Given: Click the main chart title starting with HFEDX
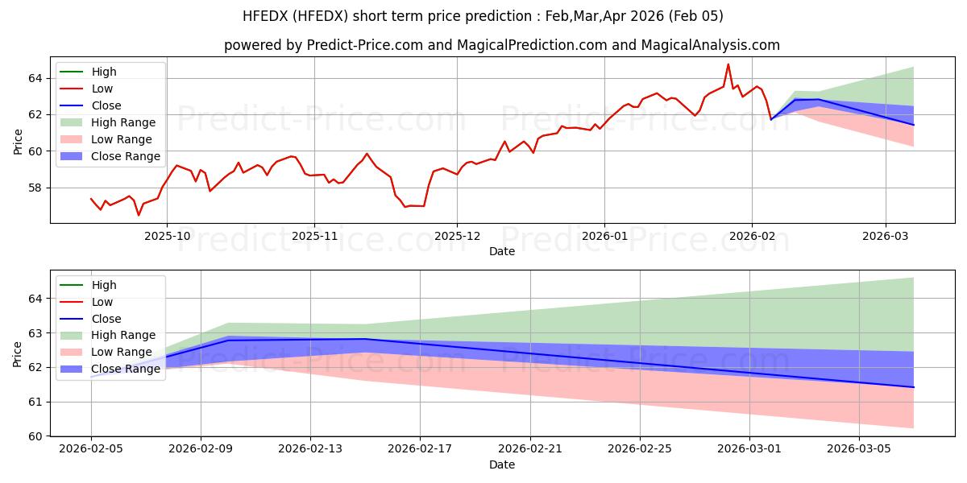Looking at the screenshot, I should (x=483, y=16).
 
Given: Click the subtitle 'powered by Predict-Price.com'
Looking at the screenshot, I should (x=501, y=45).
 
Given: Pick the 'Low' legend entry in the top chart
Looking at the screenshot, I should (x=102, y=89).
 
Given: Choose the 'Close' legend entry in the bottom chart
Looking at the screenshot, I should (x=106, y=319).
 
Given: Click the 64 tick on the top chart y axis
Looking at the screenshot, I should (x=35, y=78).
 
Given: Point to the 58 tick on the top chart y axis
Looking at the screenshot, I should (x=35, y=188).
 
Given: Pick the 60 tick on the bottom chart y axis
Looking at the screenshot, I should (x=35, y=436).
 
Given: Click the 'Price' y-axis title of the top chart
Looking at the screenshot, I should (x=18, y=142).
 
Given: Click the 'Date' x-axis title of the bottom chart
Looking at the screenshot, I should (x=501, y=465).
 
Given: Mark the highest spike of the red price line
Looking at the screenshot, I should (x=728, y=64).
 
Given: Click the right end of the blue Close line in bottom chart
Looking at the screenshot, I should (x=913, y=387).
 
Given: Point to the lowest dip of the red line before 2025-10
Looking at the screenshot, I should (x=138, y=215).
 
